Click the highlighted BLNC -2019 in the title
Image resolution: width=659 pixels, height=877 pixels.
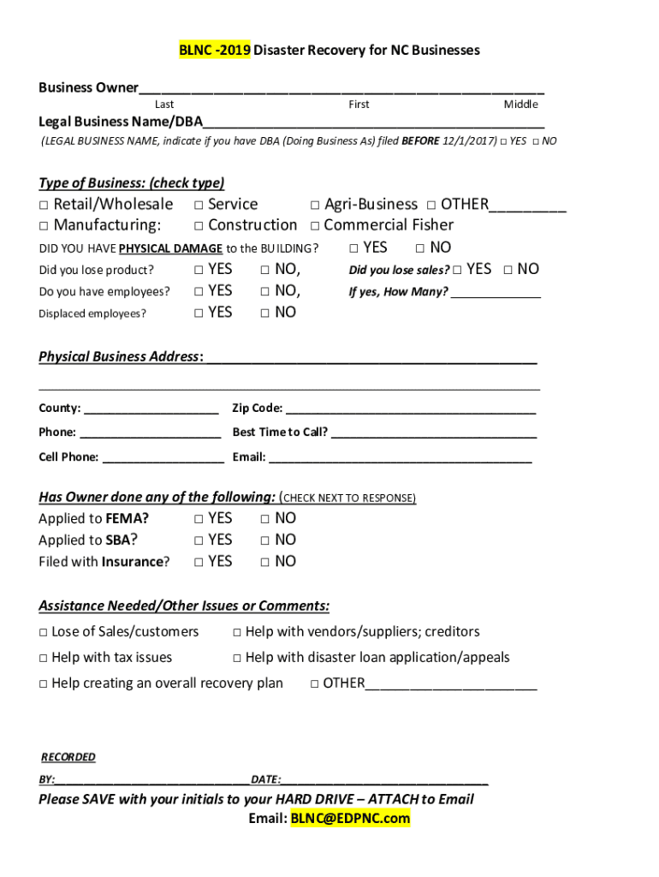pos(214,51)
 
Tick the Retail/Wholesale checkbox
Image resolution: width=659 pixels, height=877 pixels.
pos(43,205)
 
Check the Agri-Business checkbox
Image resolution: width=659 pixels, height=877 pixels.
pos(315,205)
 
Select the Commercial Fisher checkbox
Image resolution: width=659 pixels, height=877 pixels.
pos(315,226)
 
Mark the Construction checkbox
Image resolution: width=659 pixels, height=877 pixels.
pos(199,226)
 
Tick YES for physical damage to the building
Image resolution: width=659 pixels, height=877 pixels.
pos(354,248)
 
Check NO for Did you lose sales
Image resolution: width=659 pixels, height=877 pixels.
pos(508,270)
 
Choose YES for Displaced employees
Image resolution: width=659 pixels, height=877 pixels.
pos(199,313)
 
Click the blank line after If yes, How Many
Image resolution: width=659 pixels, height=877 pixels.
pos(496,293)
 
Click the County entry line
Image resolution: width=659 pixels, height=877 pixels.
pos(151,409)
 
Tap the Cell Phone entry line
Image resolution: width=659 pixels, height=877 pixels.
pos(163,458)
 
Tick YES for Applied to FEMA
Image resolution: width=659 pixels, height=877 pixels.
pos(199,519)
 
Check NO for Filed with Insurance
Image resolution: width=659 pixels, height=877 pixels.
pos(265,563)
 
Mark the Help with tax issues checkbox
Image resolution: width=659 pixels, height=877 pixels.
pos(43,659)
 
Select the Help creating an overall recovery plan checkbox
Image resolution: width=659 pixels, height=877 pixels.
pos(43,684)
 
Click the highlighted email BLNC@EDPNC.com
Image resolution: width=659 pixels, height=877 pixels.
pos(350,819)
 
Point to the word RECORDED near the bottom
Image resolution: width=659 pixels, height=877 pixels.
pos(68,757)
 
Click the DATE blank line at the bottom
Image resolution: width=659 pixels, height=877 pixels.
pos(384,780)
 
